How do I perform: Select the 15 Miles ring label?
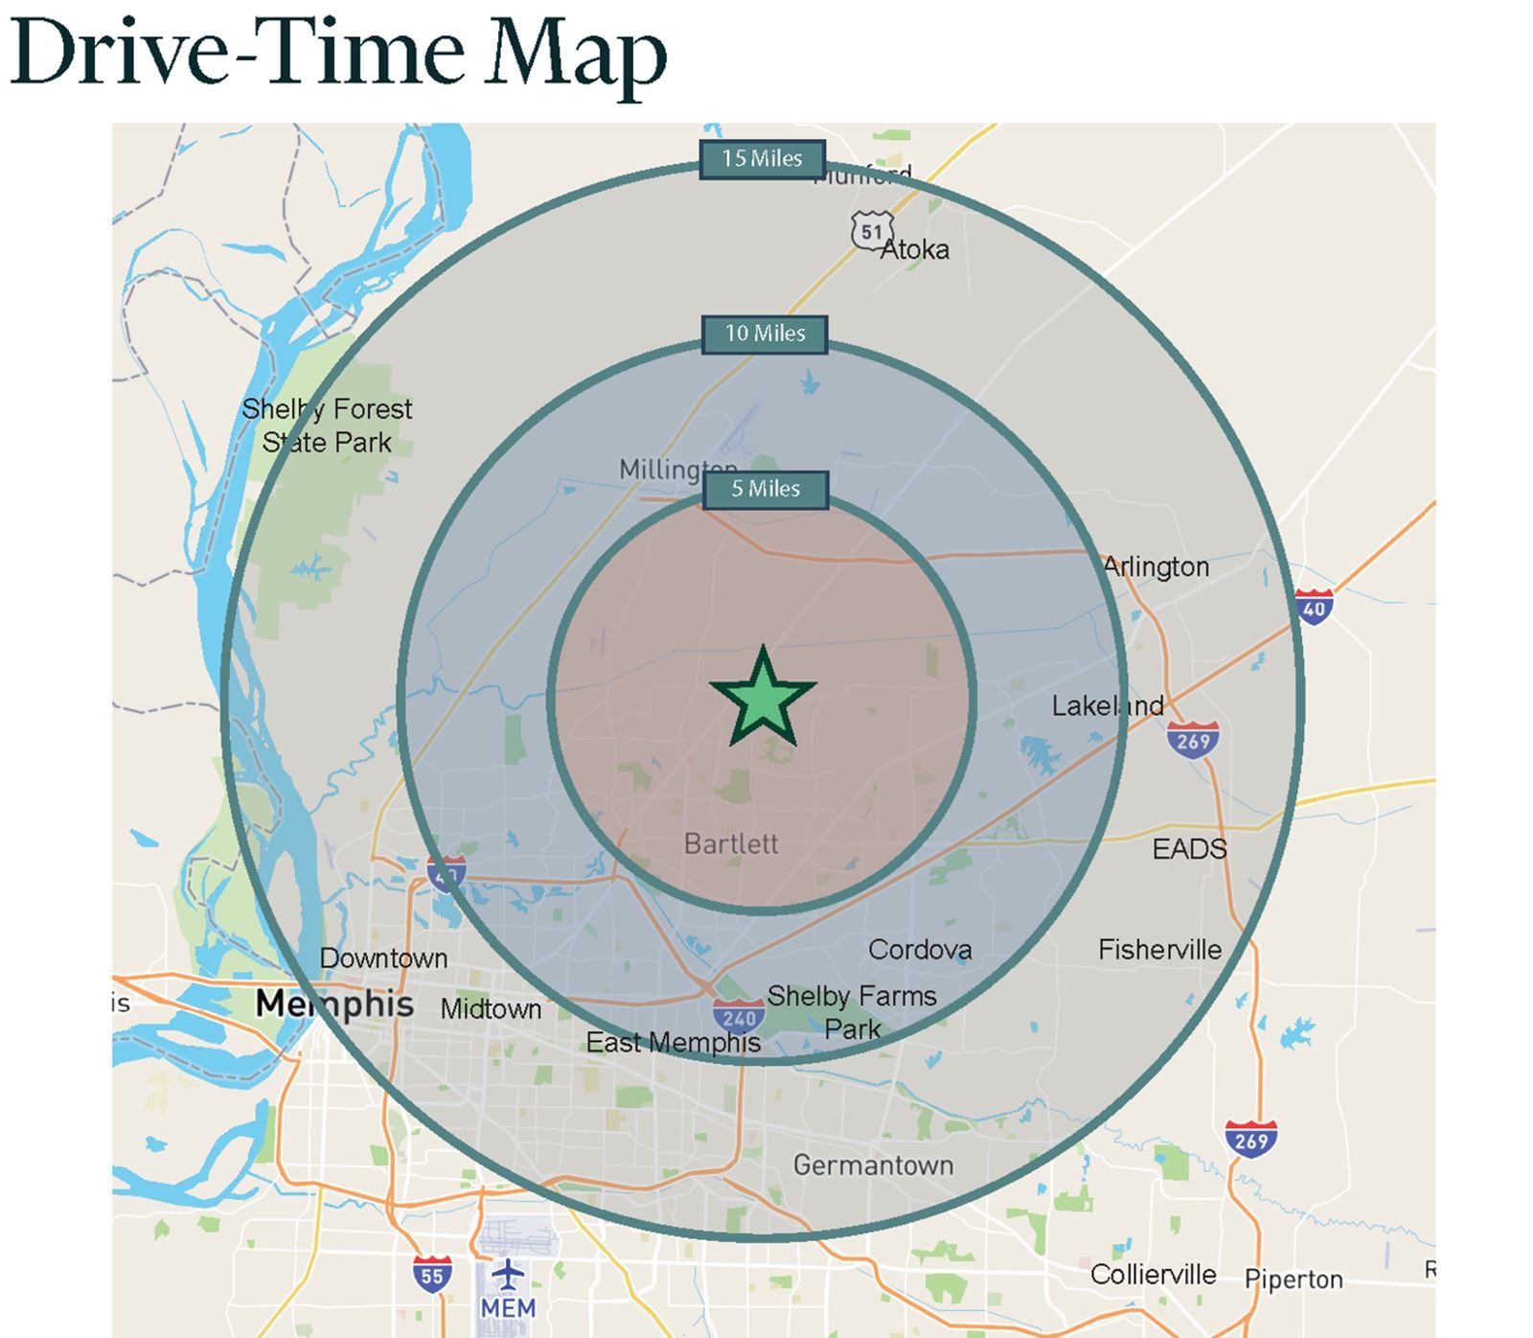tap(763, 159)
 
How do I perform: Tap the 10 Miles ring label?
tap(765, 334)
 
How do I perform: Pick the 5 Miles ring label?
tap(766, 489)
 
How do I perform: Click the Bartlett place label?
tap(731, 843)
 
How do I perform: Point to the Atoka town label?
tap(915, 250)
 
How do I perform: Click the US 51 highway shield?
tap(871, 231)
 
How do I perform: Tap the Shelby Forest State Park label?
tap(327, 426)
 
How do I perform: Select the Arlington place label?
tap(1156, 566)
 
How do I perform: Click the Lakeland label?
tap(1108, 706)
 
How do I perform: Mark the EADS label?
tap(1189, 848)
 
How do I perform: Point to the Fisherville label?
tap(1159, 950)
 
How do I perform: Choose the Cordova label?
tap(920, 950)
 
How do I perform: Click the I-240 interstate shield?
tap(739, 1017)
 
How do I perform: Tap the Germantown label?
tap(873, 1165)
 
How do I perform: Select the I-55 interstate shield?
tap(432, 1275)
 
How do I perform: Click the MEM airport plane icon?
tap(508, 1276)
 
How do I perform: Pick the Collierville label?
tap(1153, 1275)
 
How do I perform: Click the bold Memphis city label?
tap(334, 1003)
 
